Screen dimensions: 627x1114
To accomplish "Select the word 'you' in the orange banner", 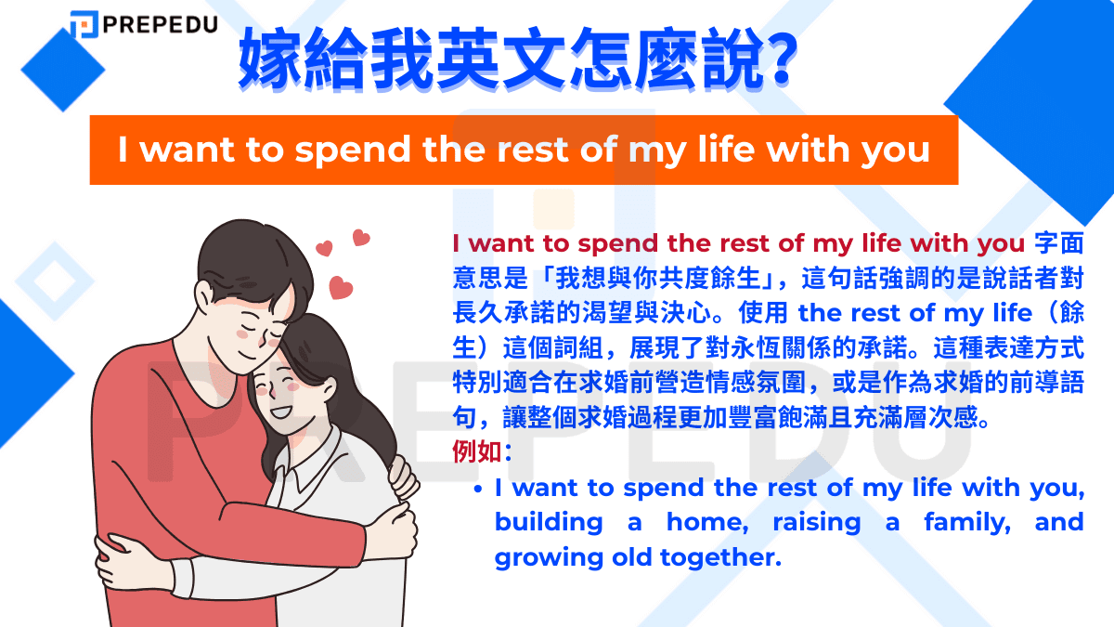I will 895,150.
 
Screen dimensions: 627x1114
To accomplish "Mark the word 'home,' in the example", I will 706,522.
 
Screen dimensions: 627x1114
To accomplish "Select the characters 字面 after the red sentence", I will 1058,243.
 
